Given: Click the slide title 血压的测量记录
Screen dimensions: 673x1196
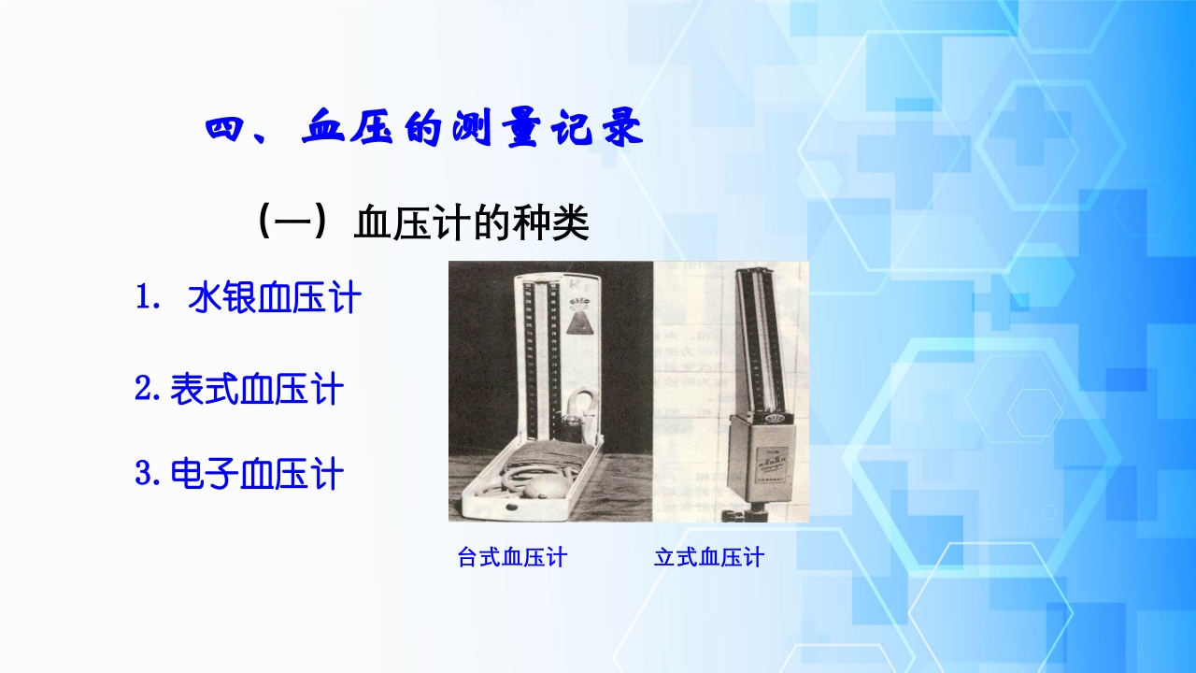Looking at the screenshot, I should pos(472,129).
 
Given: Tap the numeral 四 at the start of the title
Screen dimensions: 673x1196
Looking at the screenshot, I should pos(224,129).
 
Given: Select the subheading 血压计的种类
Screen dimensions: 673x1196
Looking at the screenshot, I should pos(472,224).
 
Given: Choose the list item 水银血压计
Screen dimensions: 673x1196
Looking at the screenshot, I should pos(274,298).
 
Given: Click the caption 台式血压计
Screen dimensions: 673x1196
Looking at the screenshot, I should pos(512,558).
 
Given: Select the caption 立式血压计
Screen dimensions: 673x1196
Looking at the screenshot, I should pos(709,558).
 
